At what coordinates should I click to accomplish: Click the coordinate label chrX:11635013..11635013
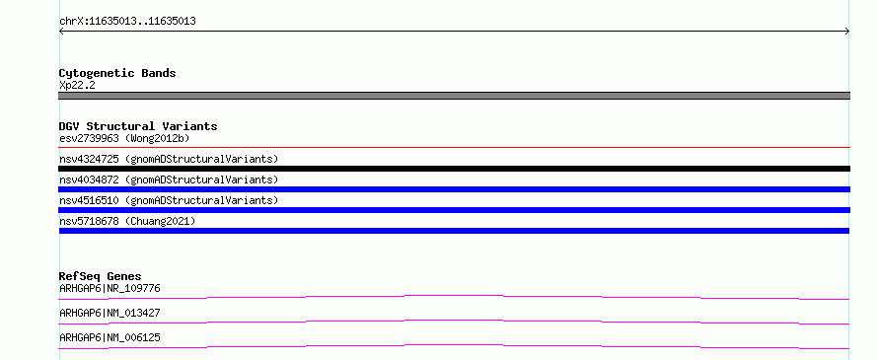(x=127, y=22)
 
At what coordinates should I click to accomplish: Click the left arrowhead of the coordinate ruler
(x=61, y=32)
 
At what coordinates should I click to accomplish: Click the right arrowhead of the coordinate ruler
(x=847, y=32)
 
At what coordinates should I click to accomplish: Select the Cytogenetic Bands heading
(x=117, y=73)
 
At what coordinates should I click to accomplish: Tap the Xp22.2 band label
(x=77, y=86)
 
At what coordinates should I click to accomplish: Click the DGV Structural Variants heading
(x=138, y=126)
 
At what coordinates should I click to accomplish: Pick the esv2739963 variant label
(x=89, y=138)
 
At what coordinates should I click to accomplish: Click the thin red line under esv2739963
(x=454, y=148)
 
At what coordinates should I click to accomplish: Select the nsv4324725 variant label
(x=89, y=159)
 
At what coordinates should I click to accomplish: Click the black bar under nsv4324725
(x=454, y=169)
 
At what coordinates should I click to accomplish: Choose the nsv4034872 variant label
(x=89, y=180)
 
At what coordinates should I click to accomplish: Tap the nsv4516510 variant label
(x=89, y=200)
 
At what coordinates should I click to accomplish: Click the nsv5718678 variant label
(x=89, y=221)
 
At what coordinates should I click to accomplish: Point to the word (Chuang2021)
(x=160, y=221)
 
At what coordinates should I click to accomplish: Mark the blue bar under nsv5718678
(x=454, y=231)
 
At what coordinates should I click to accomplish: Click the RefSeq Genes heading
(x=101, y=276)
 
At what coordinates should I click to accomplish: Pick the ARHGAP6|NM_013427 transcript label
(x=110, y=314)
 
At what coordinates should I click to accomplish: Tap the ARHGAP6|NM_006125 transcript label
(x=110, y=338)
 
